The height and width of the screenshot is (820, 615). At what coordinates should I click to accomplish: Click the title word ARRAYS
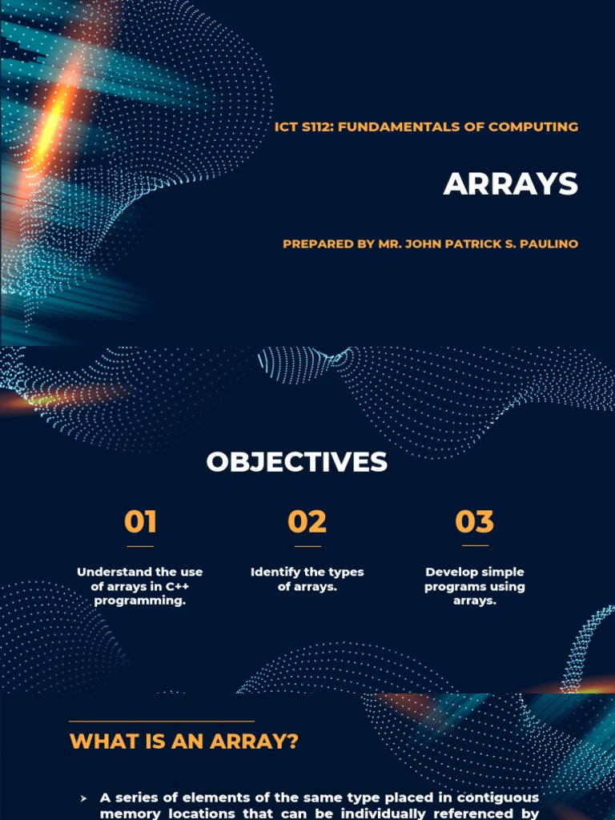click(510, 184)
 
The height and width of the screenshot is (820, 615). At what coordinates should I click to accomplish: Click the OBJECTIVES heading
click(296, 462)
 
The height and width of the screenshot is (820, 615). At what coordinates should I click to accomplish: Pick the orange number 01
click(140, 522)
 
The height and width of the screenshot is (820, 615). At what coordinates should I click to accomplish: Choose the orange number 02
click(307, 522)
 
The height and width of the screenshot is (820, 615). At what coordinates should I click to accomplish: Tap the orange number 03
click(475, 522)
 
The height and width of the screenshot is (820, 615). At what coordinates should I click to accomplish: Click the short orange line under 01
click(140, 546)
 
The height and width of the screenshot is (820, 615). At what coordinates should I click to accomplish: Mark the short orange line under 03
click(475, 546)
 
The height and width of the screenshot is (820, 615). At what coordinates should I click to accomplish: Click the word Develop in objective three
click(452, 572)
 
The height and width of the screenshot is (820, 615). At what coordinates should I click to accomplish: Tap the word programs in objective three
click(452, 586)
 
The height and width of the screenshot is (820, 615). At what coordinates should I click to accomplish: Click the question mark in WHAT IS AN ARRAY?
click(291, 742)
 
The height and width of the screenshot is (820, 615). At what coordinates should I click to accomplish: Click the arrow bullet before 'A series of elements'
click(83, 798)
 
